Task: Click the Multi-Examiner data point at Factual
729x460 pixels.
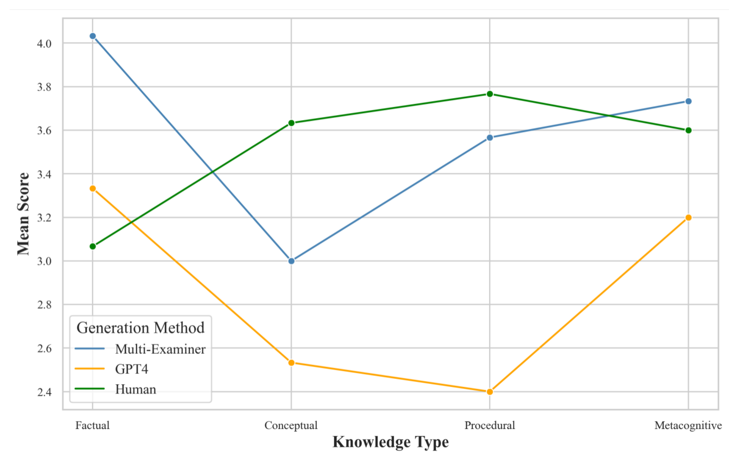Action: [93, 36]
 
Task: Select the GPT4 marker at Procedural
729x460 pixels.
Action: [490, 392]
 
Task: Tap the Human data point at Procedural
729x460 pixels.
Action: [490, 94]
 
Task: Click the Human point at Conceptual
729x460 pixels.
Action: [291, 123]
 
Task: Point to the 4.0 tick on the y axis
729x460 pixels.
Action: [44, 44]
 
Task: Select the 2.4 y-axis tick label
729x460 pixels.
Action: [44, 392]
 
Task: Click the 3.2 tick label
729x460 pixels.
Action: [44, 218]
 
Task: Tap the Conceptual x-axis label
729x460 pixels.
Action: [291, 425]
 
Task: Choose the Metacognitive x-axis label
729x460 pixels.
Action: [688, 425]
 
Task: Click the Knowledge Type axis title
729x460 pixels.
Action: [391, 442]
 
